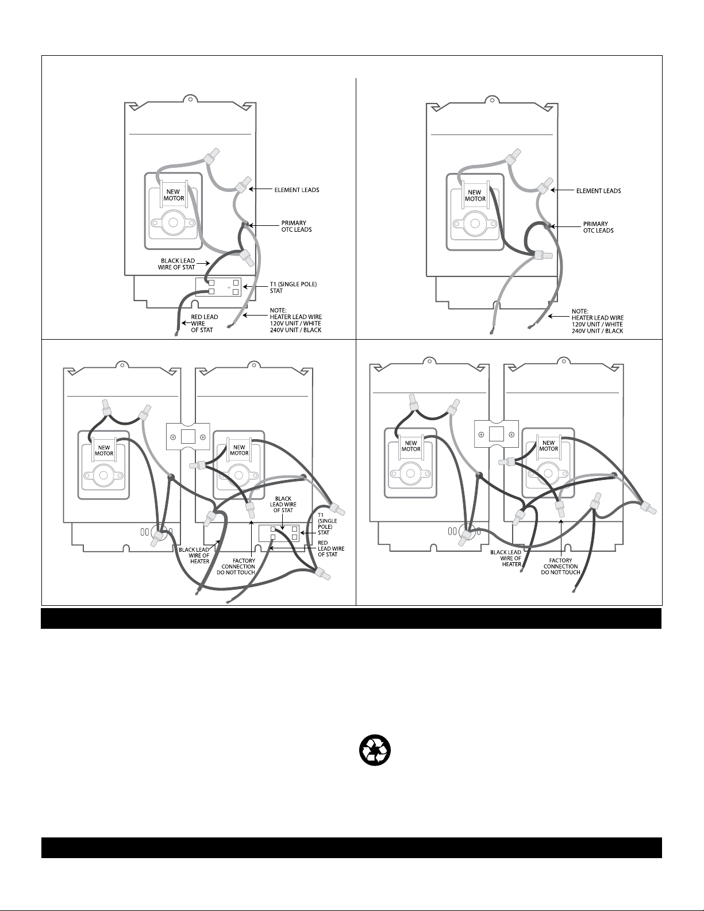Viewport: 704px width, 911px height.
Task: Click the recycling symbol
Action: (375, 751)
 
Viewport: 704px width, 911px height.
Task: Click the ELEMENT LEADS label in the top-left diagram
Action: (297, 189)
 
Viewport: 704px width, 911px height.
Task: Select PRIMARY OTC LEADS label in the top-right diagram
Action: (598, 227)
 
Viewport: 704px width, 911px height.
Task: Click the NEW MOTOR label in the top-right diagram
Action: (475, 196)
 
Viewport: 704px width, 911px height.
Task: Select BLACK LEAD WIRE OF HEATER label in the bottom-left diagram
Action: (195, 556)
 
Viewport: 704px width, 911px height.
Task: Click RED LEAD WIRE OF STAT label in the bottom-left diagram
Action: (330, 549)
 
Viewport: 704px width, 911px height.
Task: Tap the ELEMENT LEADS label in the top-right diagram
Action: (598, 191)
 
